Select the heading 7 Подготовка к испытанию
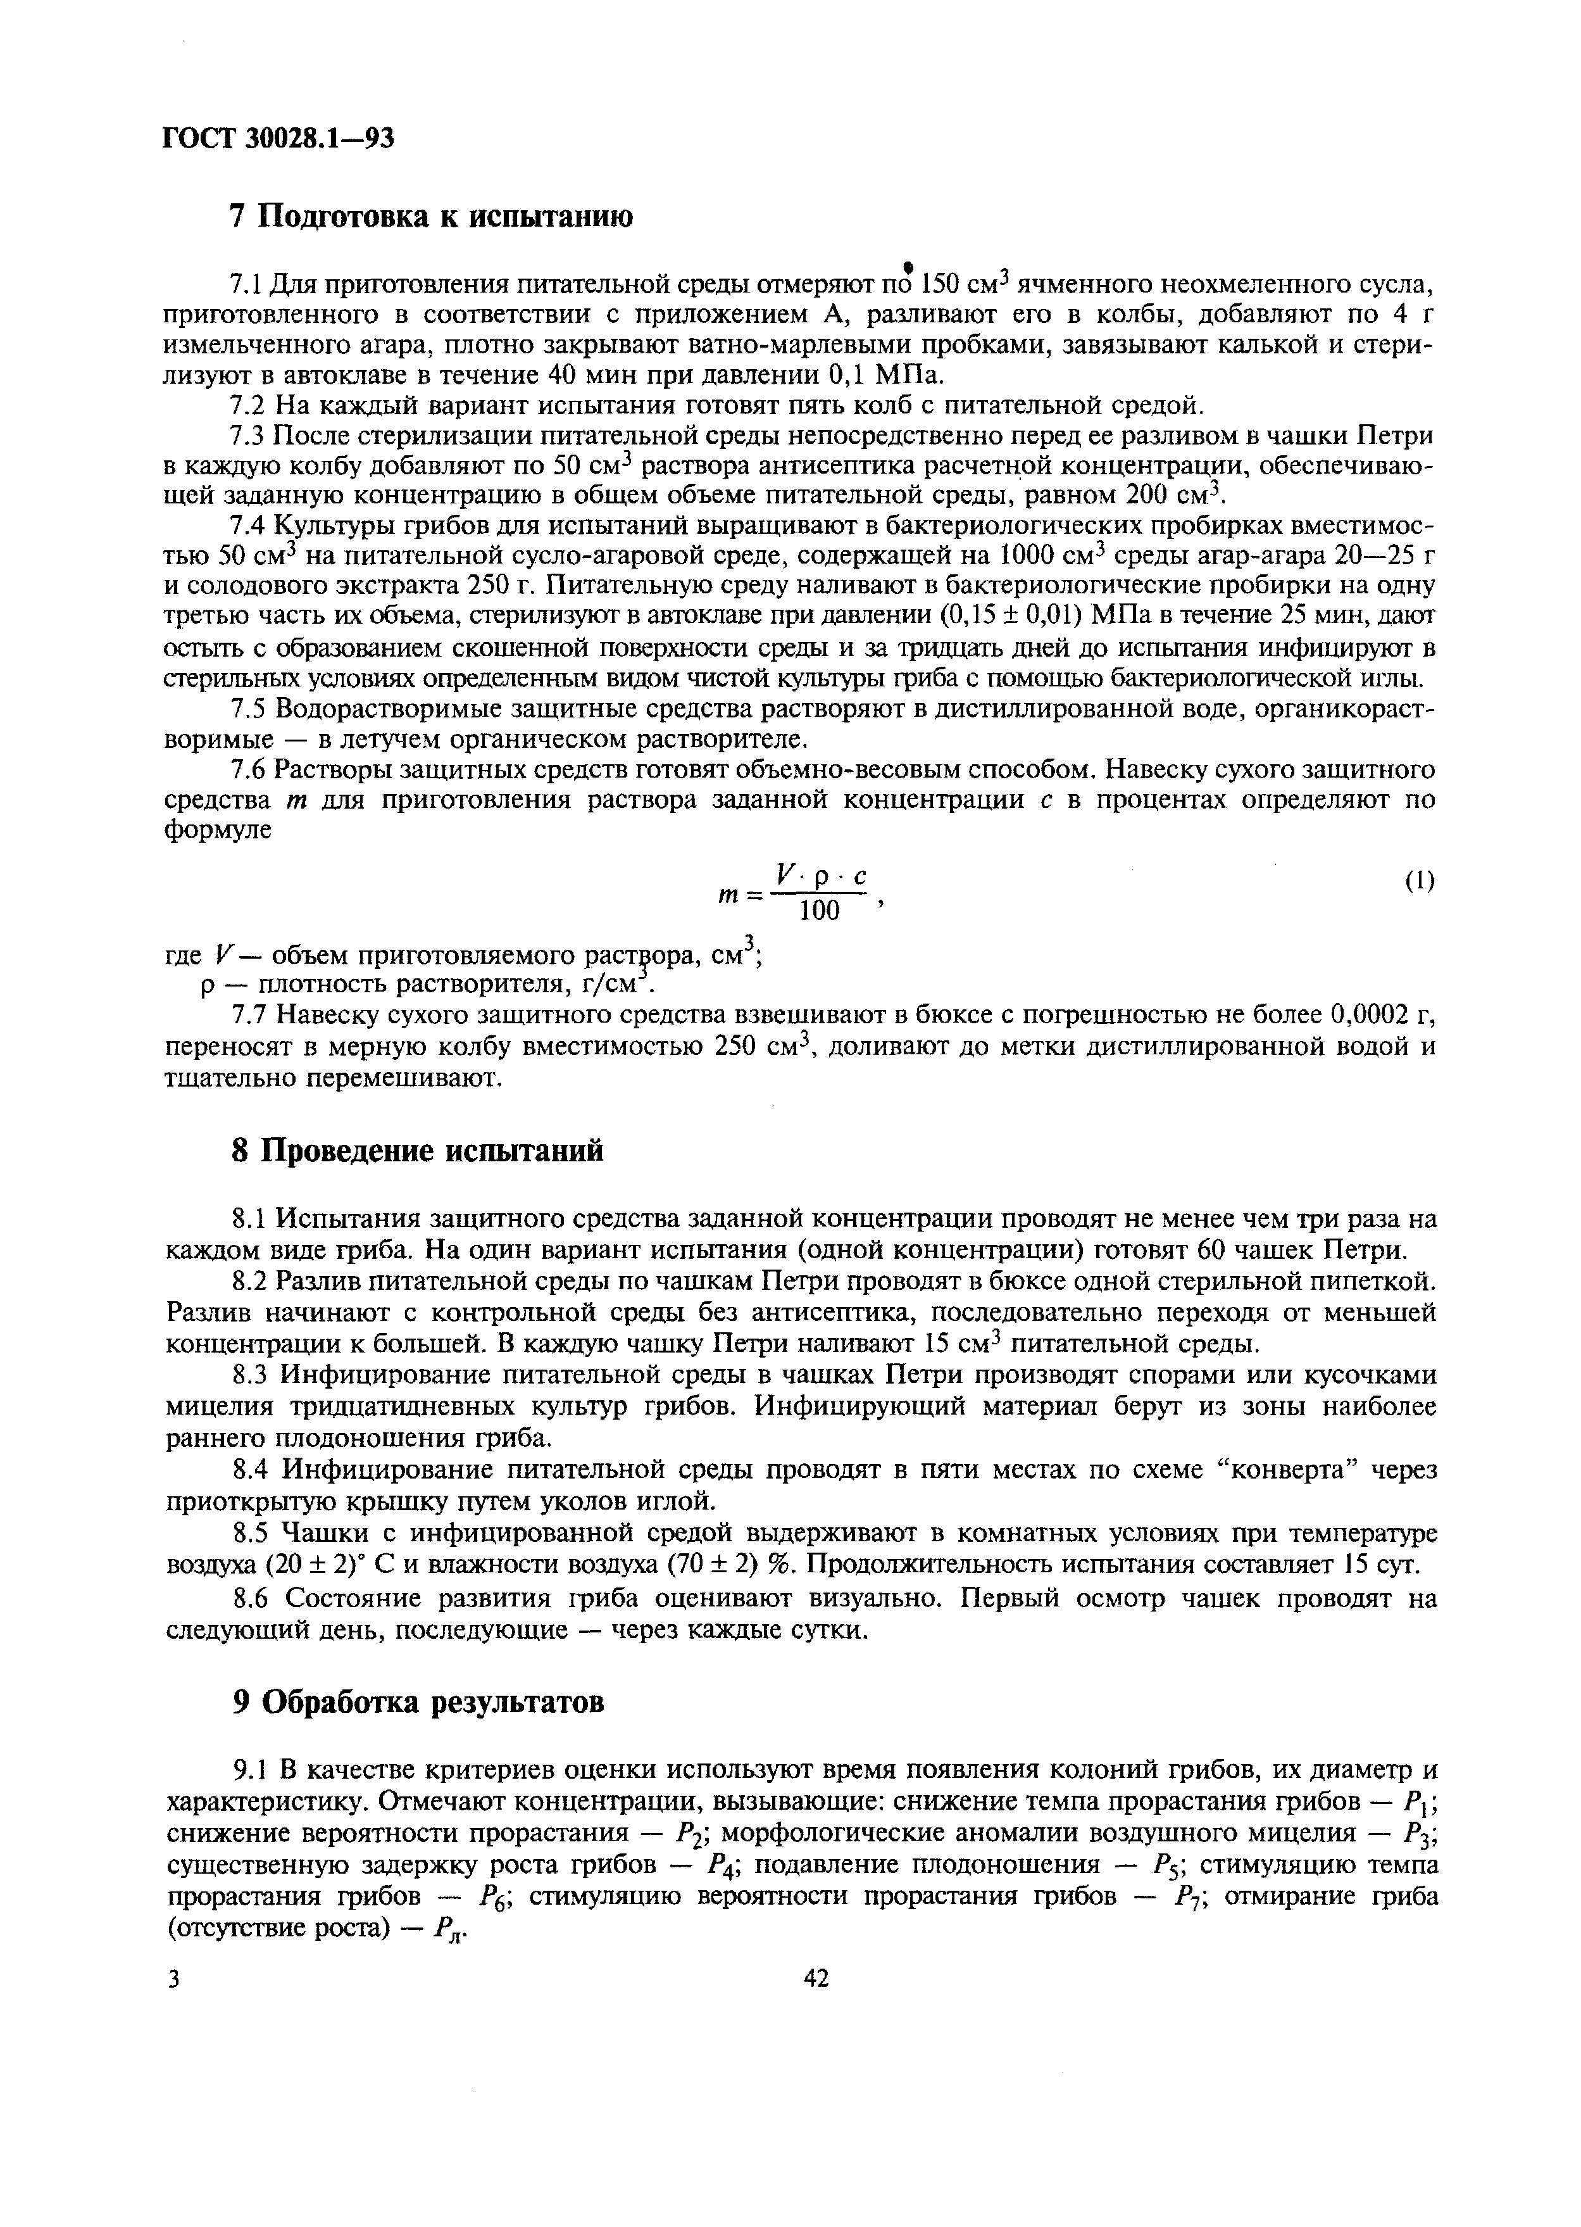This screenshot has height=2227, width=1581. tap(431, 216)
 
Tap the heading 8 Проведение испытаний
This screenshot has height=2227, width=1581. tap(416, 1152)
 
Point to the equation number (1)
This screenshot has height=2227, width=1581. tap(1420, 881)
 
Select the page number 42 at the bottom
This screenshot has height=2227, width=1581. tap(816, 1979)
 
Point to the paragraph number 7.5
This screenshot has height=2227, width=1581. tap(249, 710)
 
